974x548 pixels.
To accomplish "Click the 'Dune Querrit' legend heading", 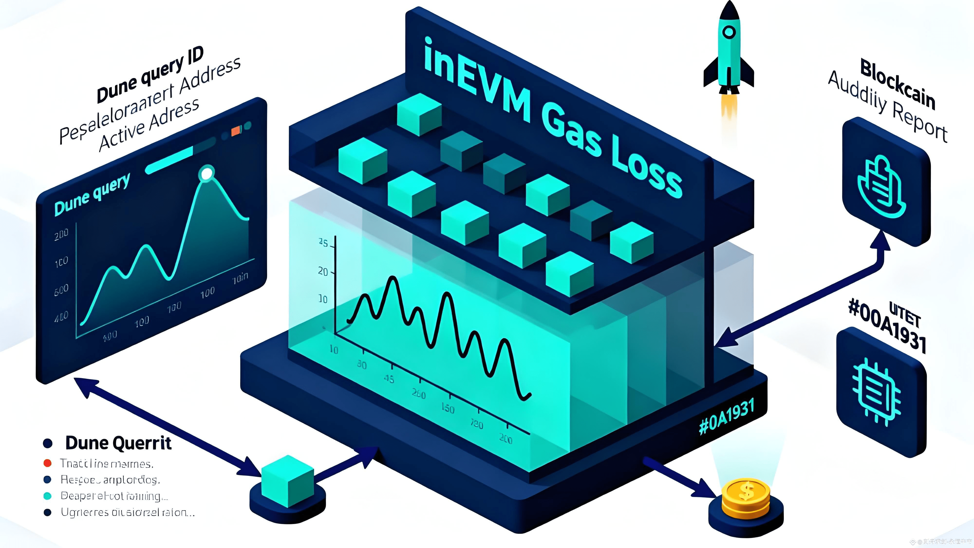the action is point(118,443).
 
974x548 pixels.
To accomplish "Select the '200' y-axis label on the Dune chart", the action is point(61,235).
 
